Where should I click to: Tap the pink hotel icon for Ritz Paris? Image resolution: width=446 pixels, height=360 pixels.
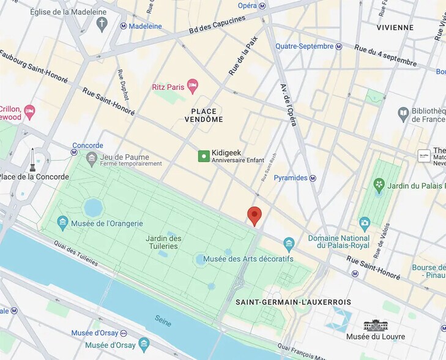pos(193,86)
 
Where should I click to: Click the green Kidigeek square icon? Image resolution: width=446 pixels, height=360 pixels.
pos(204,156)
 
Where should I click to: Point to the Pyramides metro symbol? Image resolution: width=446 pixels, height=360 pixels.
pos(313,178)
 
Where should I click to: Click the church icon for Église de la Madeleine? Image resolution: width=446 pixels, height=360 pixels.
pos(102,24)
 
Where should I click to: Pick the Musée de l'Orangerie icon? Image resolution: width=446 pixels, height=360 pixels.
pos(62,223)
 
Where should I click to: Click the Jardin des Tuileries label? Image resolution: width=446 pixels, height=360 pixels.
pos(163,242)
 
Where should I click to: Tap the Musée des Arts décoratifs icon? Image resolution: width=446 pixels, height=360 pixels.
pos(289,246)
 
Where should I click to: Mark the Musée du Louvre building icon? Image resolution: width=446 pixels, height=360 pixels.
pos(376,325)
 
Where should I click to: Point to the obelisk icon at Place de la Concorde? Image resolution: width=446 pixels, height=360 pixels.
pos(33,160)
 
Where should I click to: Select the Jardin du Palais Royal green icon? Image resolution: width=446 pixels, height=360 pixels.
pos(379,184)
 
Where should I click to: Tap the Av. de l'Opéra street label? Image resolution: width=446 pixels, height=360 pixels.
pos(288,105)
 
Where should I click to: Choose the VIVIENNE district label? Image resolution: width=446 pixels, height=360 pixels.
pos(395,28)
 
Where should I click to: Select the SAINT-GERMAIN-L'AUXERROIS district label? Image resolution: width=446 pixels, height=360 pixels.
pos(293,302)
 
